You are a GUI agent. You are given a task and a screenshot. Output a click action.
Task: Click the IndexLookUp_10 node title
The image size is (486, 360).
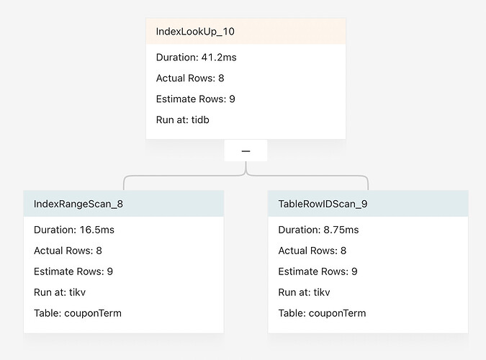(195, 32)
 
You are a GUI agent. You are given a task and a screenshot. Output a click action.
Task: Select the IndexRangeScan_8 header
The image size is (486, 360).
(78, 204)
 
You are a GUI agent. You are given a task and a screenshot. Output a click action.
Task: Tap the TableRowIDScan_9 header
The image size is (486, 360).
(323, 204)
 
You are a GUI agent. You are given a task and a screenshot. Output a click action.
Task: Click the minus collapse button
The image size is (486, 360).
(246, 151)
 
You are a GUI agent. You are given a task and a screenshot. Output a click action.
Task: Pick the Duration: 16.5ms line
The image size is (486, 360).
(74, 230)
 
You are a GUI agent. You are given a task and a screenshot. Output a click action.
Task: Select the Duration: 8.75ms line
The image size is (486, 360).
(318, 230)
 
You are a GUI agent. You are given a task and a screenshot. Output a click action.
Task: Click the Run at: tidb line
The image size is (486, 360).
(183, 120)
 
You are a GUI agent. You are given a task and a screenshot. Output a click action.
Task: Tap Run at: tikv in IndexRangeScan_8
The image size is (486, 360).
(60, 292)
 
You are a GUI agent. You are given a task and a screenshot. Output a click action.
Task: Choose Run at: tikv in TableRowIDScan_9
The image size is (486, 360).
(305, 292)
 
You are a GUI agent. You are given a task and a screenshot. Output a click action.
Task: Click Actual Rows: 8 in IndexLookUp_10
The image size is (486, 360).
(190, 78)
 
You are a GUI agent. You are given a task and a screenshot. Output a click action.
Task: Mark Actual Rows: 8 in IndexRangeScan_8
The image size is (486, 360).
(68, 251)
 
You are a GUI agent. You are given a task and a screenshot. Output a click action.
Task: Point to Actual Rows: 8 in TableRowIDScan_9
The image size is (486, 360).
(312, 251)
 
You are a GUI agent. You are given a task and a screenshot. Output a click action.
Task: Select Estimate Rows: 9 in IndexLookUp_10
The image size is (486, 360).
(195, 99)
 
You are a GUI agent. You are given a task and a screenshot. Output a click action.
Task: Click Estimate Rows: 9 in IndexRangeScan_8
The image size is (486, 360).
(73, 271)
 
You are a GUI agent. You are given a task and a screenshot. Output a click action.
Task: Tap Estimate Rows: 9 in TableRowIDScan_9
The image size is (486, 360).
(318, 271)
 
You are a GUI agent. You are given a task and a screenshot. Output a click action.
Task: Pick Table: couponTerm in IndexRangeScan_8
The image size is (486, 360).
(78, 313)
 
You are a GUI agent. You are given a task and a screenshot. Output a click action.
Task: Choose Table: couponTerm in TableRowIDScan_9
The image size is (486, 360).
(322, 313)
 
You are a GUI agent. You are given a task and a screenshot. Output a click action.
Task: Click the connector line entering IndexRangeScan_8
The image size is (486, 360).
(124, 183)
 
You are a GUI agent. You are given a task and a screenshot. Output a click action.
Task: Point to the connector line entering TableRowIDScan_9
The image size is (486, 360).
(368, 183)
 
